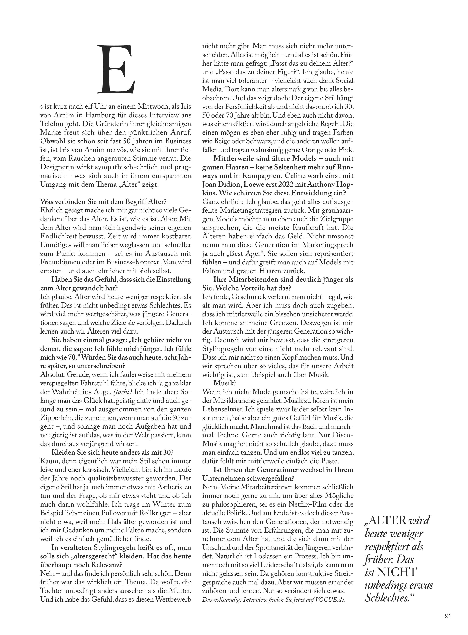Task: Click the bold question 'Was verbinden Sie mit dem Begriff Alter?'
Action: tap(103, 202)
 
